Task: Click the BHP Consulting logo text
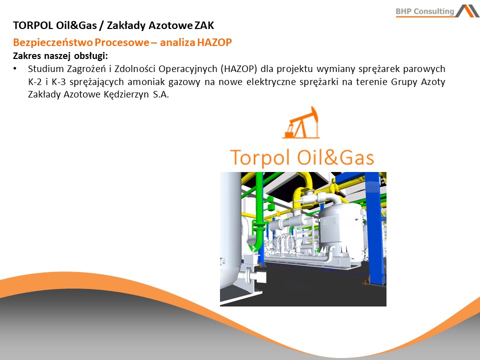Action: [x=424, y=11]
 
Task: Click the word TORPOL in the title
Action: [x=33, y=25]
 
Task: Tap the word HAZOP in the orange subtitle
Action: [x=214, y=42]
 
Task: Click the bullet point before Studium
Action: [x=14, y=68]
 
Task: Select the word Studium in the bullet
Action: [x=46, y=68]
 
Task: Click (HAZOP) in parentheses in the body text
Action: [x=238, y=68]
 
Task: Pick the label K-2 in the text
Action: [x=34, y=81]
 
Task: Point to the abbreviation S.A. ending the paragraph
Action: [x=161, y=94]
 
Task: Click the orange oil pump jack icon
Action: [x=301, y=123]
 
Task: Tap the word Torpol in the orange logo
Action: [x=259, y=157]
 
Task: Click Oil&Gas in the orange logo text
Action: [x=335, y=157]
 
